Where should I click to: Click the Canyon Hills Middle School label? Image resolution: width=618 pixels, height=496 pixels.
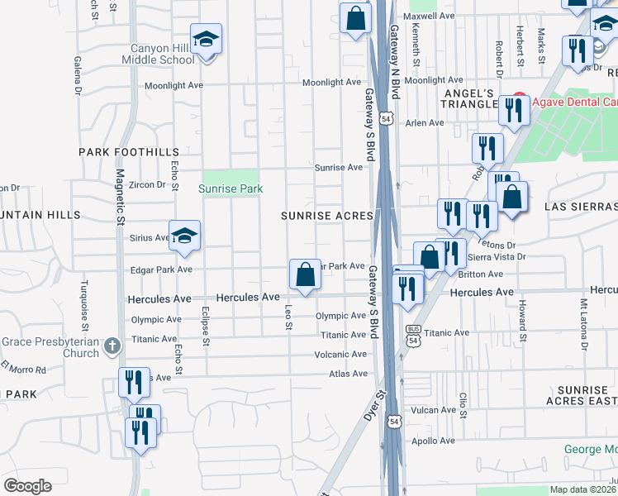[x=158, y=54]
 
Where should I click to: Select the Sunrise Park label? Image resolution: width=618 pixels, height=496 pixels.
[x=231, y=188]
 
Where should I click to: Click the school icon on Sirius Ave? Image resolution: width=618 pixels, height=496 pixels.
[x=185, y=235]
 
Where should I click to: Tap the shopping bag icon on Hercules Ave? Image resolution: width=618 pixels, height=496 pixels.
[x=305, y=273]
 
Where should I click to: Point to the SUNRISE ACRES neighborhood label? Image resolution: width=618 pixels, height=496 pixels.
[x=327, y=215]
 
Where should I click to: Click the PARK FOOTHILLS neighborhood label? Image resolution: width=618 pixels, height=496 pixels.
[x=129, y=152]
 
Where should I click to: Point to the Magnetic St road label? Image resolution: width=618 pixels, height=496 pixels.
[x=120, y=197]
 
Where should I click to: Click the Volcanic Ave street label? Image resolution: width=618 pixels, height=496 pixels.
[x=340, y=355]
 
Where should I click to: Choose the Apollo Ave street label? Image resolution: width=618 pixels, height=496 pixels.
[x=435, y=441]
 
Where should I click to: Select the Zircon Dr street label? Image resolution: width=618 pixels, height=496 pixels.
[x=148, y=184]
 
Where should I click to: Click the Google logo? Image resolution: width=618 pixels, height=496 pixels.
[x=27, y=486]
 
